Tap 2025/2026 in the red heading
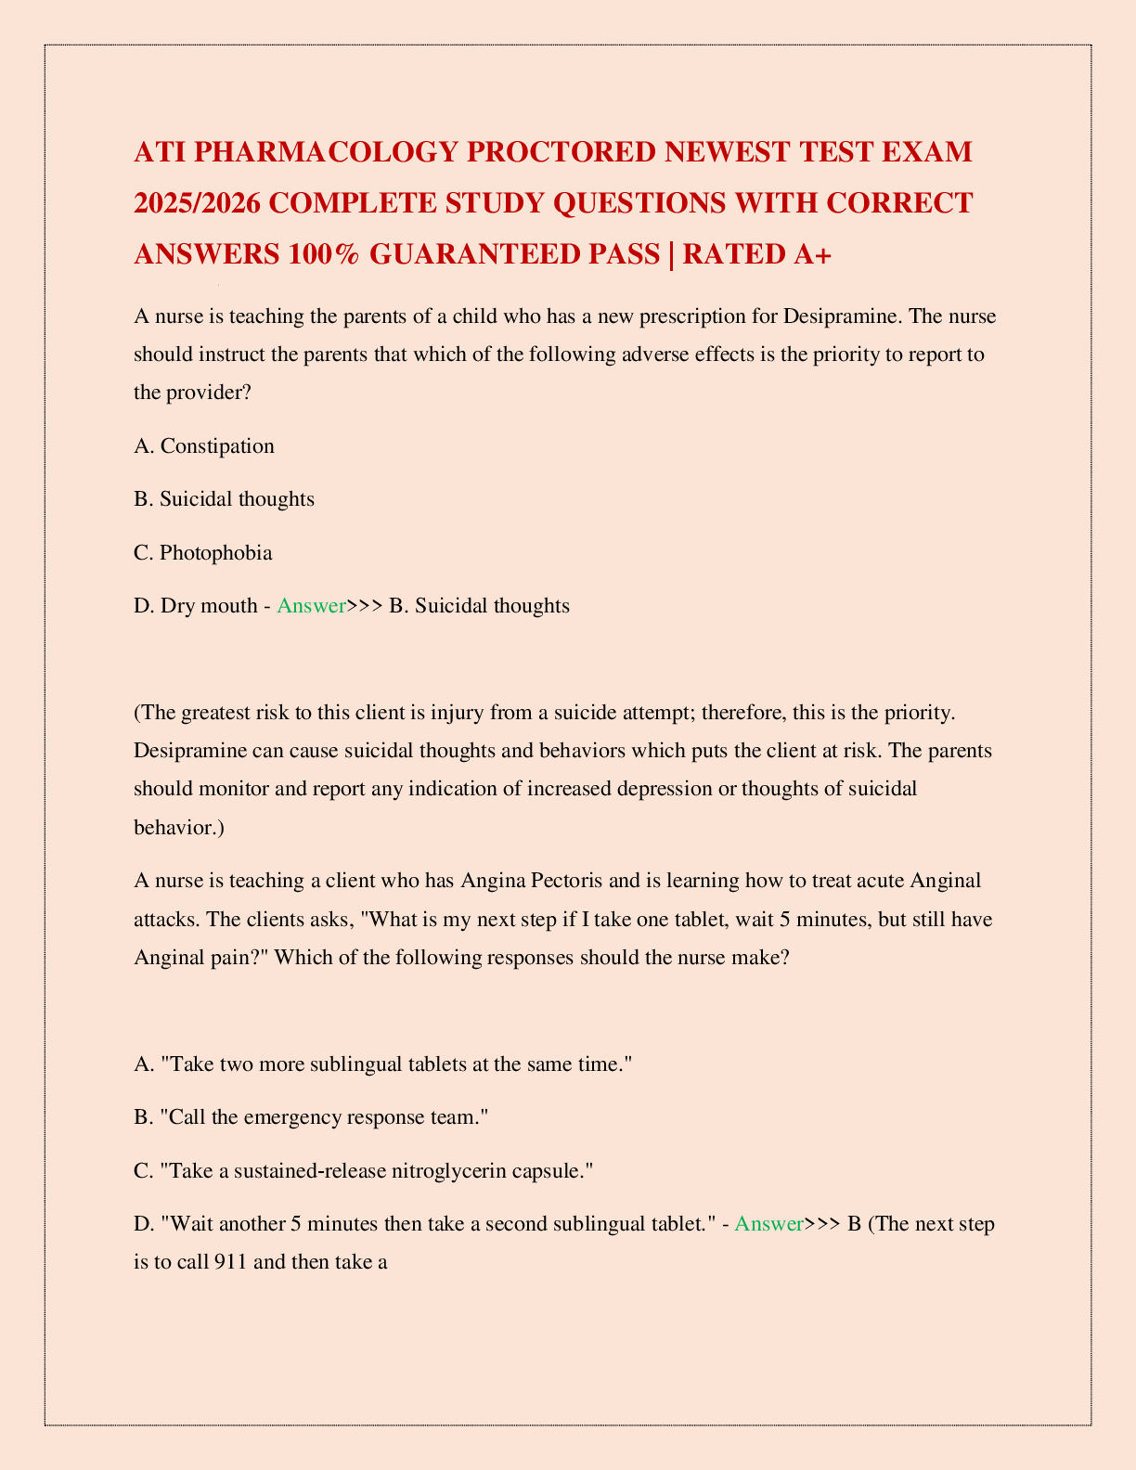pyautogui.click(x=198, y=202)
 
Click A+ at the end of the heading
pyautogui.click(x=811, y=253)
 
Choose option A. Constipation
pyautogui.click(x=204, y=445)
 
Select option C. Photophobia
pyautogui.click(x=203, y=553)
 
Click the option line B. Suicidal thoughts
pyautogui.click(x=224, y=499)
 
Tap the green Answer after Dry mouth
pyautogui.click(x=311, y=606)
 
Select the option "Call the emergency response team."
pyautogui.click(x=311, y=1117)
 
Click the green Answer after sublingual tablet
pyautogui.click(x=768, y=1224)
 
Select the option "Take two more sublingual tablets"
pyautogui.click(x=382, y=1064)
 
